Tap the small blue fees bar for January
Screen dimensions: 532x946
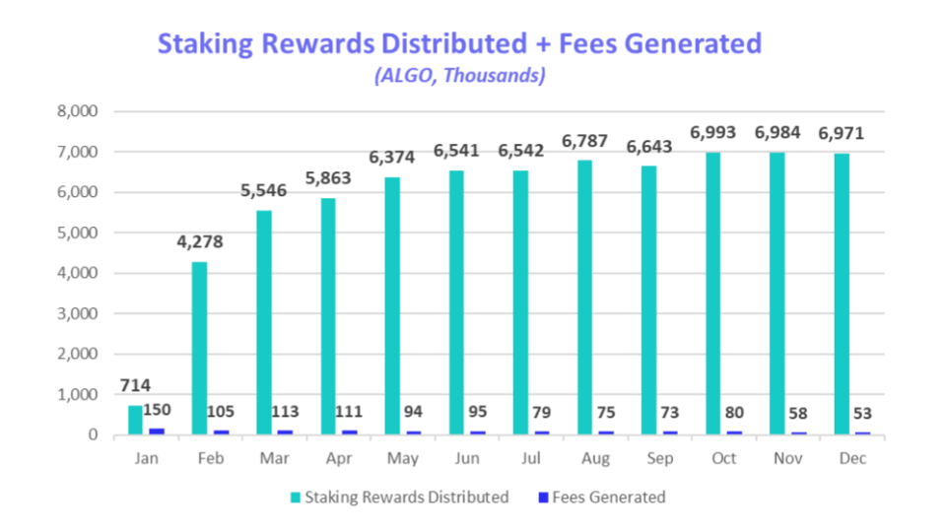coord(157,431)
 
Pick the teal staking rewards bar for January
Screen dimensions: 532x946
coord(136,420)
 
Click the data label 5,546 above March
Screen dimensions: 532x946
coord(264,190)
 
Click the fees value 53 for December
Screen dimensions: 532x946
coord(863,413)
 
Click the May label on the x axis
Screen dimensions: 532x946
coord(403,459)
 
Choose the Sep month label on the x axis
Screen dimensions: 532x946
coord(659,459)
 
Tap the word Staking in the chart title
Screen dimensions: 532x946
coord(207,43)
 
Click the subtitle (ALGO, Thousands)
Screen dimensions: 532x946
coord(459,76)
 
